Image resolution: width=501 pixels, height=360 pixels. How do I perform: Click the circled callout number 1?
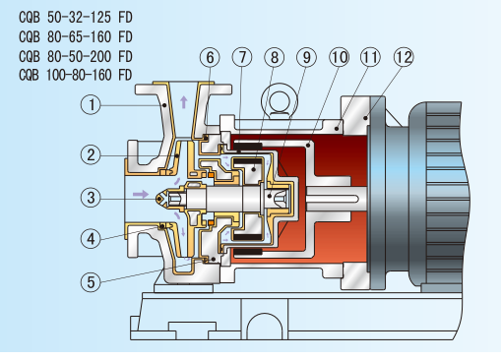coord(91,105)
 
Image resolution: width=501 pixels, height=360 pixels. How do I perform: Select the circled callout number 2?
coord(91,154)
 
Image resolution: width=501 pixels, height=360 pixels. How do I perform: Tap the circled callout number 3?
coord(91,198)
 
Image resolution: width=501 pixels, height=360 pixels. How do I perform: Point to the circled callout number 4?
coord(91,238)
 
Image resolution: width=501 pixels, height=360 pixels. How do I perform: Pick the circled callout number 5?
coord(91,282)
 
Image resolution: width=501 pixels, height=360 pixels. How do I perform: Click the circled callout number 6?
coord(210,57)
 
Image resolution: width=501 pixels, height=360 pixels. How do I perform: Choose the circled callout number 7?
coord(242,57)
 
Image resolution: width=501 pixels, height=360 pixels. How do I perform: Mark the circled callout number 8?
coord(274,57)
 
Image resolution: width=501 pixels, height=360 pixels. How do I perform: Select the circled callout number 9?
coord(306,57)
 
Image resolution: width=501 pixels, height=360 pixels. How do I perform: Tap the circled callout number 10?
coord(339,57)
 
